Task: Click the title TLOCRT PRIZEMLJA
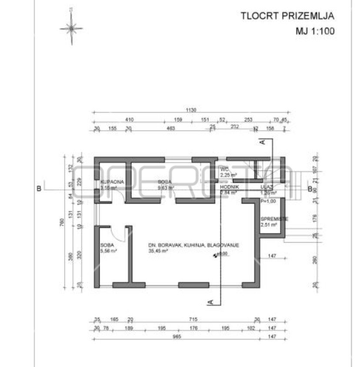(x=287, y=16)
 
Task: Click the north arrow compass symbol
(x=71, y=28)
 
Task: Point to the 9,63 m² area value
(x=166, y=188)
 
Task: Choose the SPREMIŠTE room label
(x=274, y=219)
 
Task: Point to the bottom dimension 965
(x=176, y=337)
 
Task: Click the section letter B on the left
(x=39, y=189)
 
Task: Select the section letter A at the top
(x=262, y=142)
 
